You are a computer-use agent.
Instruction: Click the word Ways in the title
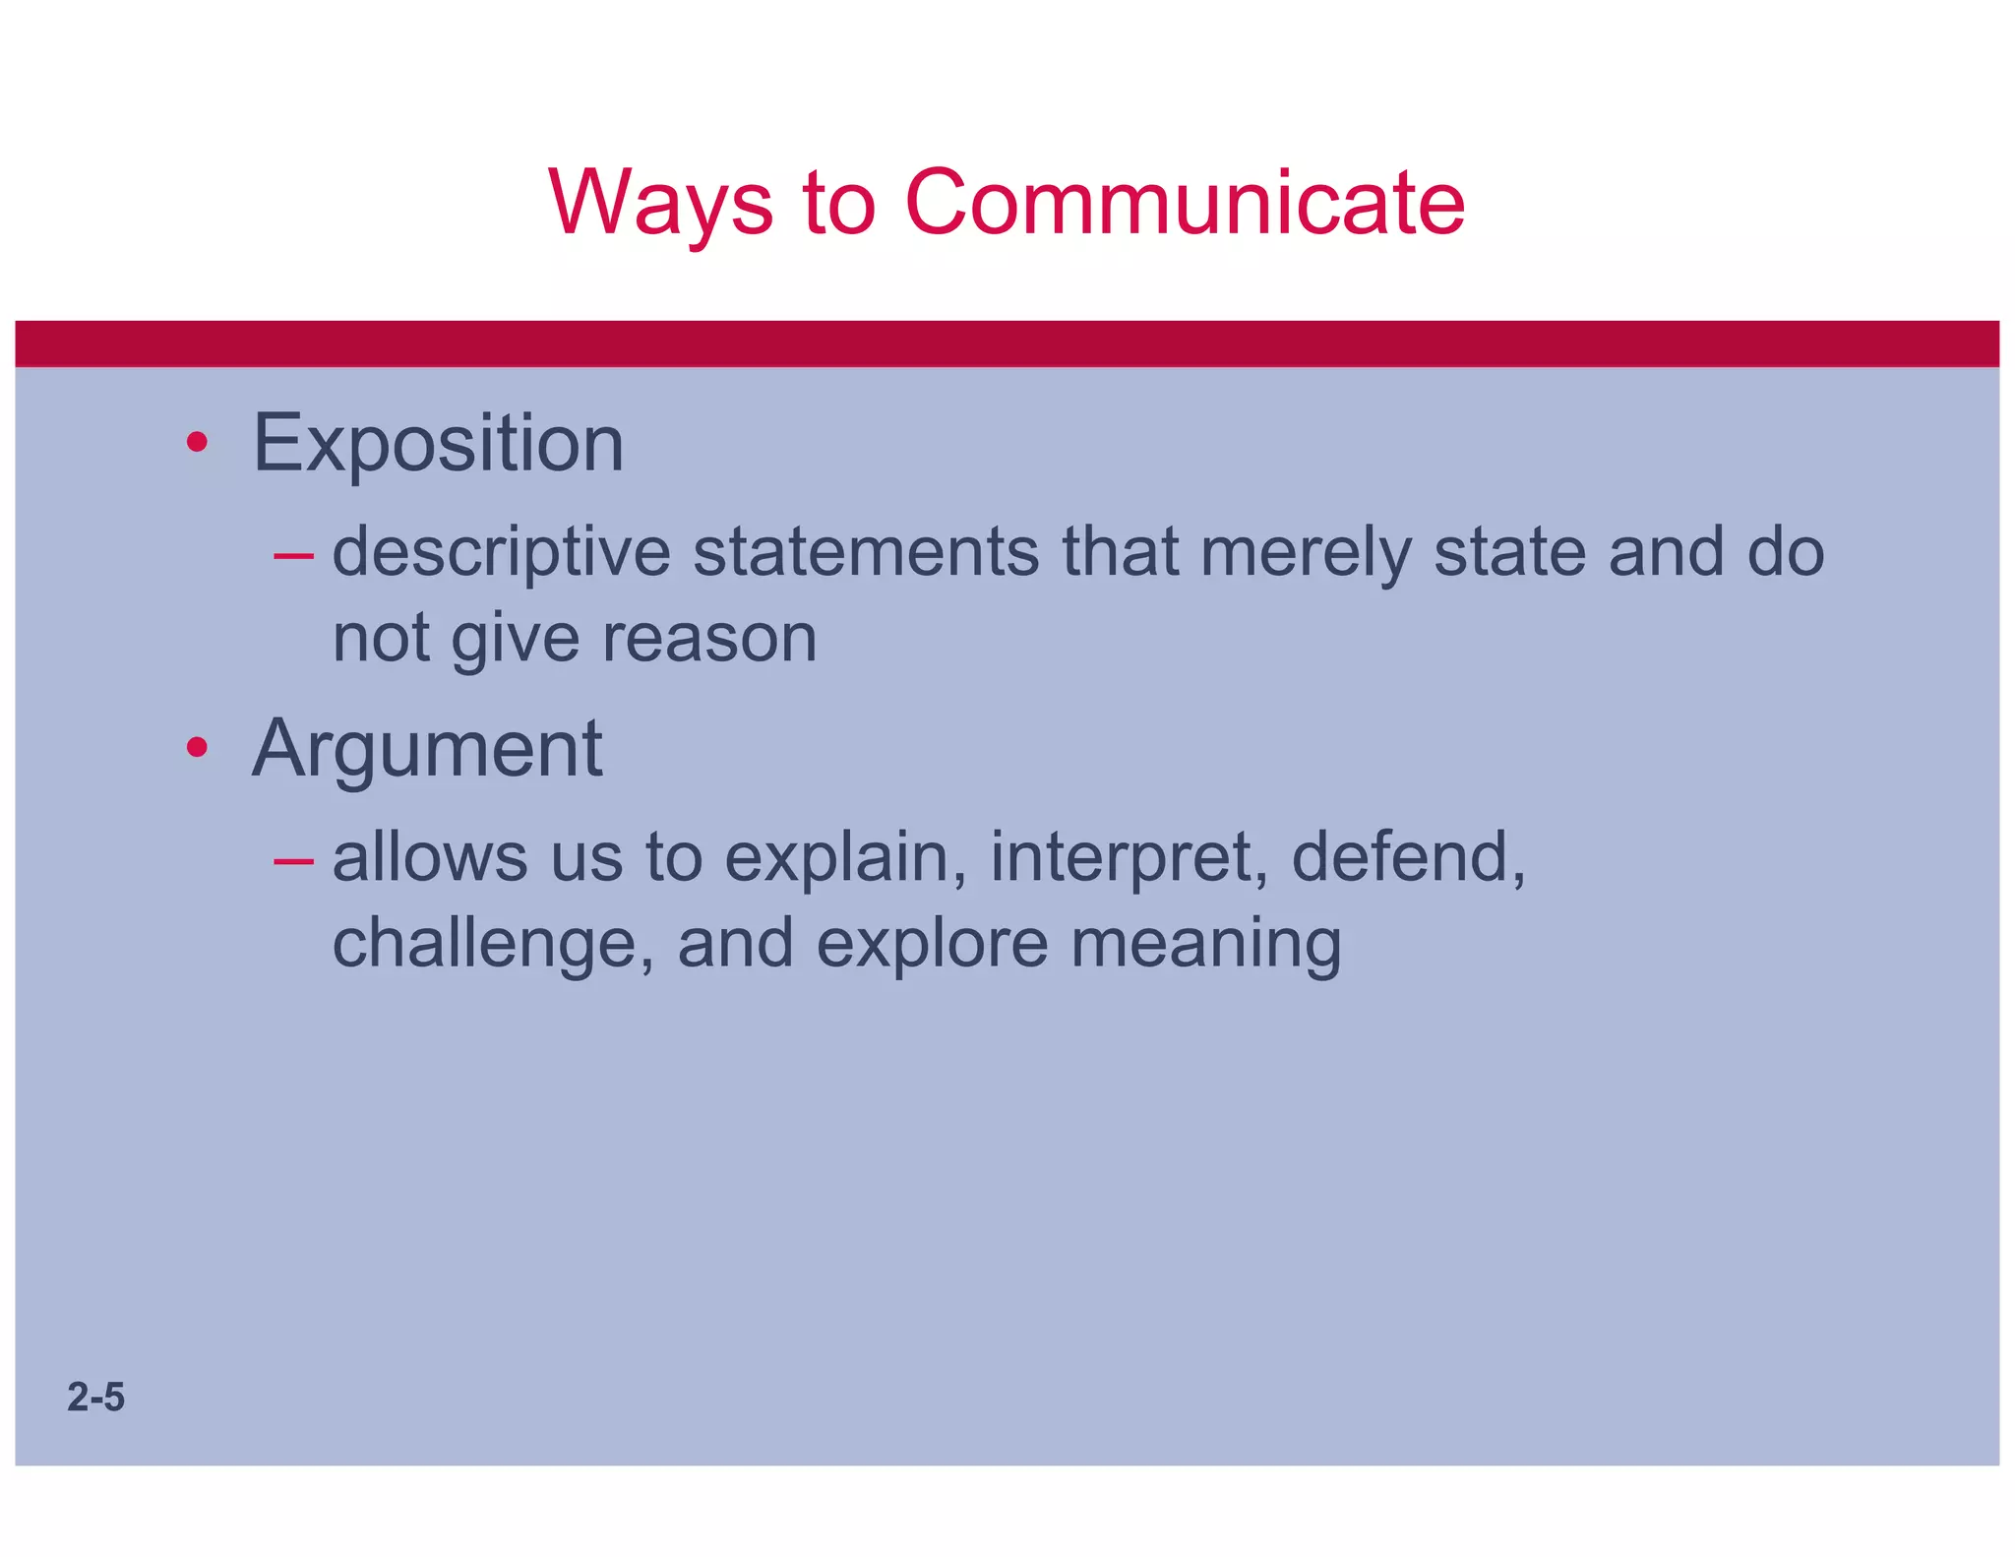[660, 204]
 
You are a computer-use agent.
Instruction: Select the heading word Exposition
[438, 444]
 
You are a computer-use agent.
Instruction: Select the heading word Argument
[427, 750]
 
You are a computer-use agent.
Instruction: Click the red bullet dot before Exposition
[197, 443]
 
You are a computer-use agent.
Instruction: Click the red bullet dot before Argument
[197, 748]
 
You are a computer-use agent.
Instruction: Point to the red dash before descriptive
[293, 557]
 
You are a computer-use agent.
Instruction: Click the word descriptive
[502, 553]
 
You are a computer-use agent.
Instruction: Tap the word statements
[866, 553]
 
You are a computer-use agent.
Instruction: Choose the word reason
[709, 640]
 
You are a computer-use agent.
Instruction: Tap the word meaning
[1205, 945]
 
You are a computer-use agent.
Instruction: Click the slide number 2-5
[95, 1398]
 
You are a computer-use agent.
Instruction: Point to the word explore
[932, 945]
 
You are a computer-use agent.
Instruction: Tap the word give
[515, 640]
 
